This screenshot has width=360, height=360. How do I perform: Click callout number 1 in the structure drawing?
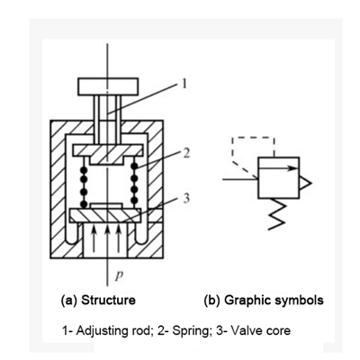coord(184,84)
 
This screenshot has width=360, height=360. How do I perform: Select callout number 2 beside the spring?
coord(186,153)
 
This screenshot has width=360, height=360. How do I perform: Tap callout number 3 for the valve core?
coord(186,198)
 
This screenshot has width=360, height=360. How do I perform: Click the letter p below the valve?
coord(120,276)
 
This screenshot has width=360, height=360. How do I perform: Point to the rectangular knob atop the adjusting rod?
coord(108,86)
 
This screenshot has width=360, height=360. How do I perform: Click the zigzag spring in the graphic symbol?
coord(277,214)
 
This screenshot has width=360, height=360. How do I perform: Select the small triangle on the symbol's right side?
coord(305,183)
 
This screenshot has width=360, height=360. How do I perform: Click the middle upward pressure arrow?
coord(107,238)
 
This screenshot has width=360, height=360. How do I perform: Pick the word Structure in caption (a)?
coord(108,300)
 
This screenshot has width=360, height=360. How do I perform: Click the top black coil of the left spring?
coord(84,170)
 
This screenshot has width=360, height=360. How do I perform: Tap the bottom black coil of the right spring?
coord(135,201)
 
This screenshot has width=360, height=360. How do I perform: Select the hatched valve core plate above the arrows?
coord(105,215)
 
